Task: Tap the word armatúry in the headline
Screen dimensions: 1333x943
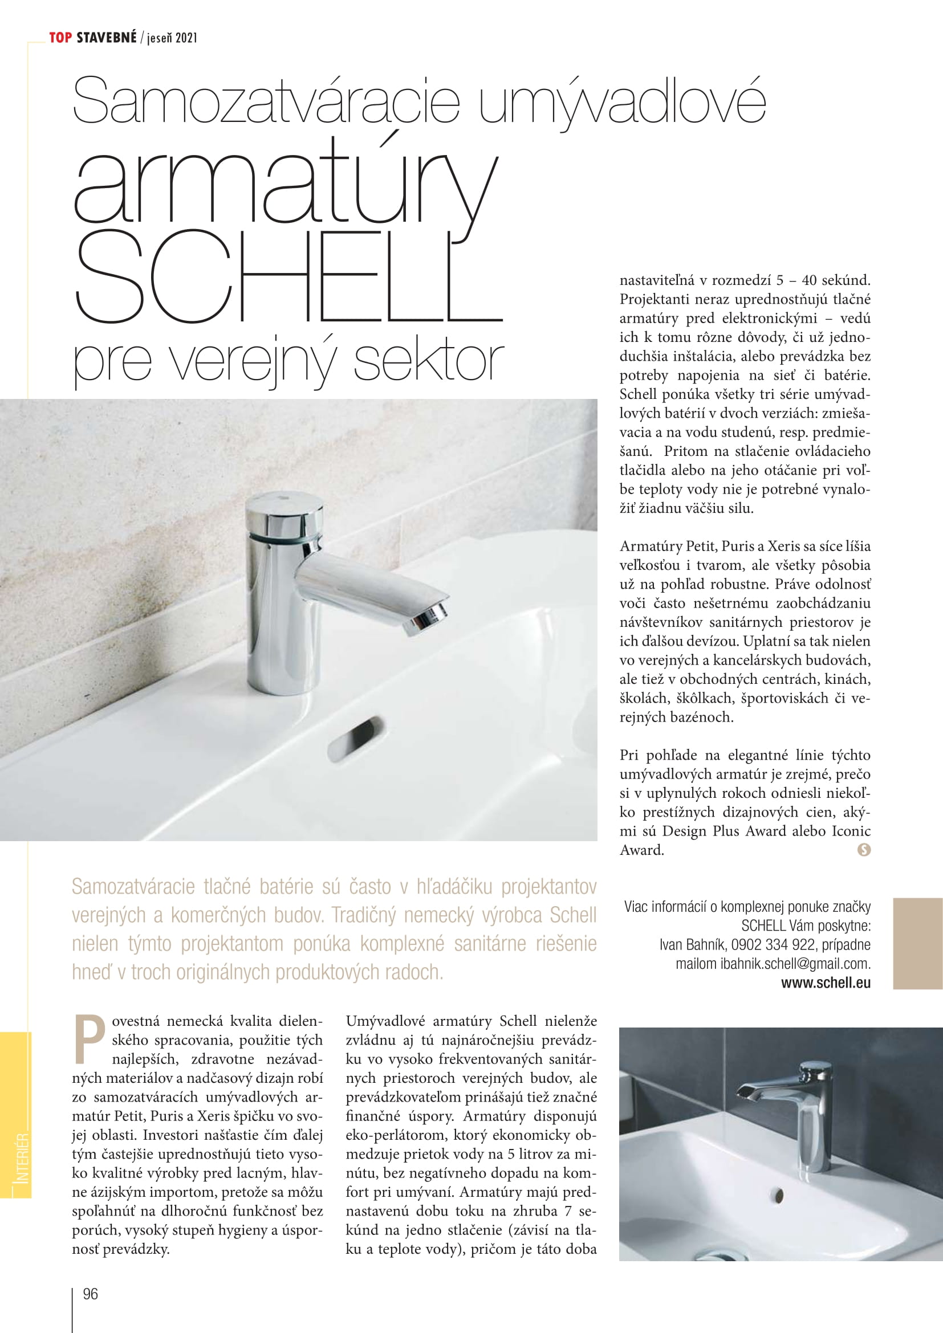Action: click(x=284, y=186)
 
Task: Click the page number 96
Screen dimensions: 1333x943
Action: click(x=91, y=1294)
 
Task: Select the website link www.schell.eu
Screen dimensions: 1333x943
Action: click(x=825, y=983)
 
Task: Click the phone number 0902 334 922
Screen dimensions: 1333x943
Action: click(x=773, y=944)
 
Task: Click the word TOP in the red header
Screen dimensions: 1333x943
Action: click(x=60, y=38)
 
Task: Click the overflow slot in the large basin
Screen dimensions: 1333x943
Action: click(x=355, y=739)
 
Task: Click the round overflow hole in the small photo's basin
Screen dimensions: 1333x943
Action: click(x=778, y=1196)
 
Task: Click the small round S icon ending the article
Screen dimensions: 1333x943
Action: click(x=863, y=850)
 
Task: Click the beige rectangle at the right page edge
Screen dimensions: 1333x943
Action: click(x=917, y=943)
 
